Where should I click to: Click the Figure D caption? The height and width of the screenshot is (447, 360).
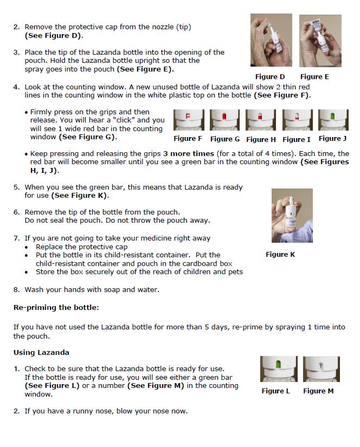(x=270, y=77)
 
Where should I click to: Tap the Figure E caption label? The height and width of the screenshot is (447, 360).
(x=314, y=77)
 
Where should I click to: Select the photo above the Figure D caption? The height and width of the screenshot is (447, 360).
(x=271, y=41)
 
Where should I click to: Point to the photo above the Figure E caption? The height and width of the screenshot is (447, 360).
(x=320, y=41)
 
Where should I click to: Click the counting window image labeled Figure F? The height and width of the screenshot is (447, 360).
(x=189, y=120)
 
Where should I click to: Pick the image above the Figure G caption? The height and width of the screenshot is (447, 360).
(x=225, y=120)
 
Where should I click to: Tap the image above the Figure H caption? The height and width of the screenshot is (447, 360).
(x=261, y=120)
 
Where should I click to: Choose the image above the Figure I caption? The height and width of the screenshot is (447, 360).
(x=297, y=120)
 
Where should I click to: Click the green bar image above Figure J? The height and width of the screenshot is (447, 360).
(x=333, y=120)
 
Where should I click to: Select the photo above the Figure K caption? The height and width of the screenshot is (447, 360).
(x=292, y=216)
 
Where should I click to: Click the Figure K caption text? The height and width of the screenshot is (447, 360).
(x=280, y=255)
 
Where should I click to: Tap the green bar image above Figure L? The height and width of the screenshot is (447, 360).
(x=279, y=369)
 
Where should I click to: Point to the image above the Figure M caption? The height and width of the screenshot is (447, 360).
(x=322, y=369)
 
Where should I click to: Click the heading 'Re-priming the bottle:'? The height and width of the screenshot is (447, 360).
(x=56, y=308)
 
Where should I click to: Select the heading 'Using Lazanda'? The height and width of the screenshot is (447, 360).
(x=41, y=353)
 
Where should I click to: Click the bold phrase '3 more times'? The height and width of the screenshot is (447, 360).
(x=189, y=154)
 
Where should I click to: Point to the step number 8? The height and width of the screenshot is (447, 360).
(x=16, y=290)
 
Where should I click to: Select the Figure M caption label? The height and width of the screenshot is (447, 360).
(x=318, y=391)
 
